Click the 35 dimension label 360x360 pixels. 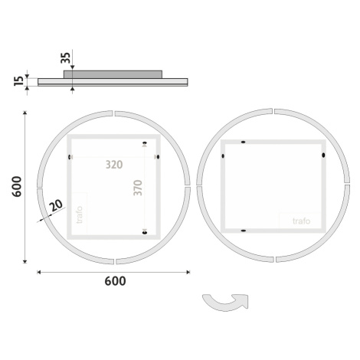[65, 57]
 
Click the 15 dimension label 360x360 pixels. [19, 81]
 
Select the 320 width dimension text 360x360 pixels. [114, 165]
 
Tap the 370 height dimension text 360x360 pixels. [138, 188]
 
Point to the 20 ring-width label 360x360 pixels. [56, 205]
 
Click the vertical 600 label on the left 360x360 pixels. [17, 186]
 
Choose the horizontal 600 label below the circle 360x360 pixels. [115, 281]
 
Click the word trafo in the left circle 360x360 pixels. [80, 214]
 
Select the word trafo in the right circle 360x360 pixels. [302, 221]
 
